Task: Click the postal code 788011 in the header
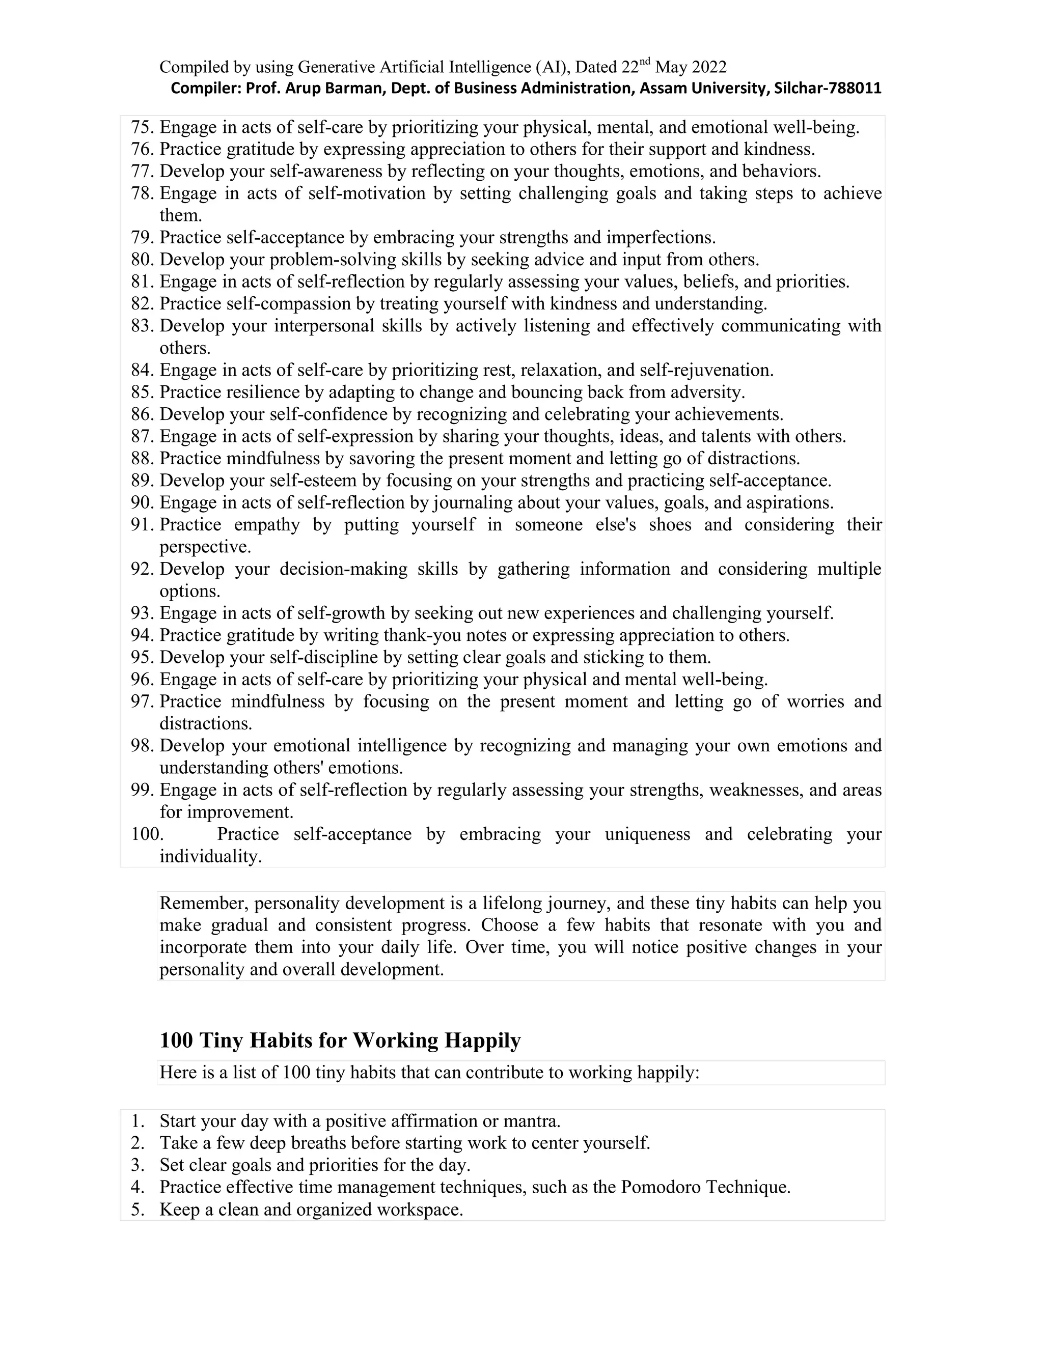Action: coord(855,89)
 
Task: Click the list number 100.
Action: coord(147,834)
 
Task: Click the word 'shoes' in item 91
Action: coord(670,524)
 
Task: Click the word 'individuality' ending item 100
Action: coord(210,856)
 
